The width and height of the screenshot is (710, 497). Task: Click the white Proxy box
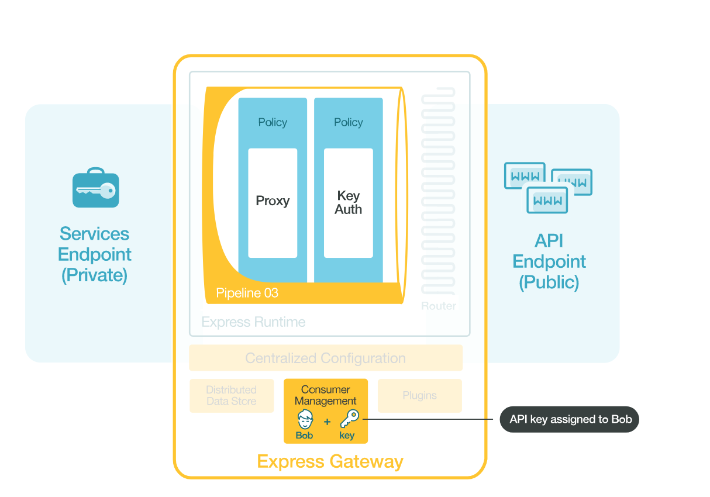coord(273,202)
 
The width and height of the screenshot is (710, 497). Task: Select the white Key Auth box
coord(348,202)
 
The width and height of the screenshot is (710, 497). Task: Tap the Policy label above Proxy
coord(273,122)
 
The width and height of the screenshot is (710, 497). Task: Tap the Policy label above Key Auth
coord(348,122)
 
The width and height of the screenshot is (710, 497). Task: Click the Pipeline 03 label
coord(247,293)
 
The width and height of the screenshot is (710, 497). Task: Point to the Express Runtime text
coord(253,322)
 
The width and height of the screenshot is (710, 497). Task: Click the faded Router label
coord(439,306)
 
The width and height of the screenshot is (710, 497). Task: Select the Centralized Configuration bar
coord(325,358)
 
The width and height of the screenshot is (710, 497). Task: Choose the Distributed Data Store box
coord(232,396)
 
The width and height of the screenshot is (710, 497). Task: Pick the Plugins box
coord(419,396)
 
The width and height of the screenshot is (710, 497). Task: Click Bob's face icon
coord(305,419)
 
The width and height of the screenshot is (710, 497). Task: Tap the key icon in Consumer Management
coord(349,419)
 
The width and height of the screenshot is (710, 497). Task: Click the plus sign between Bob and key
coord(327,422)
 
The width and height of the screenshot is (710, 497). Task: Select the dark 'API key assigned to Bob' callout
coord(570,419)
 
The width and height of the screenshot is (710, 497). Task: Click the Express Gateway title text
coord(330,461)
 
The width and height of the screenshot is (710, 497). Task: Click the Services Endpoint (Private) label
coord(95,254)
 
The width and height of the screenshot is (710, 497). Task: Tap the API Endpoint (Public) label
coord(549,261)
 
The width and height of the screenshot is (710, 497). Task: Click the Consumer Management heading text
coord(325,395)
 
